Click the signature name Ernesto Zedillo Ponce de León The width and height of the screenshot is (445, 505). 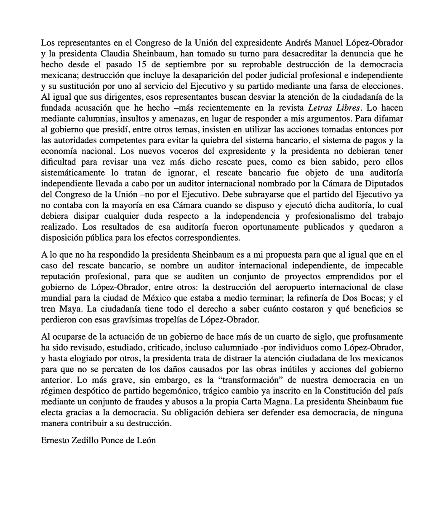click(x=99, y=441)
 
